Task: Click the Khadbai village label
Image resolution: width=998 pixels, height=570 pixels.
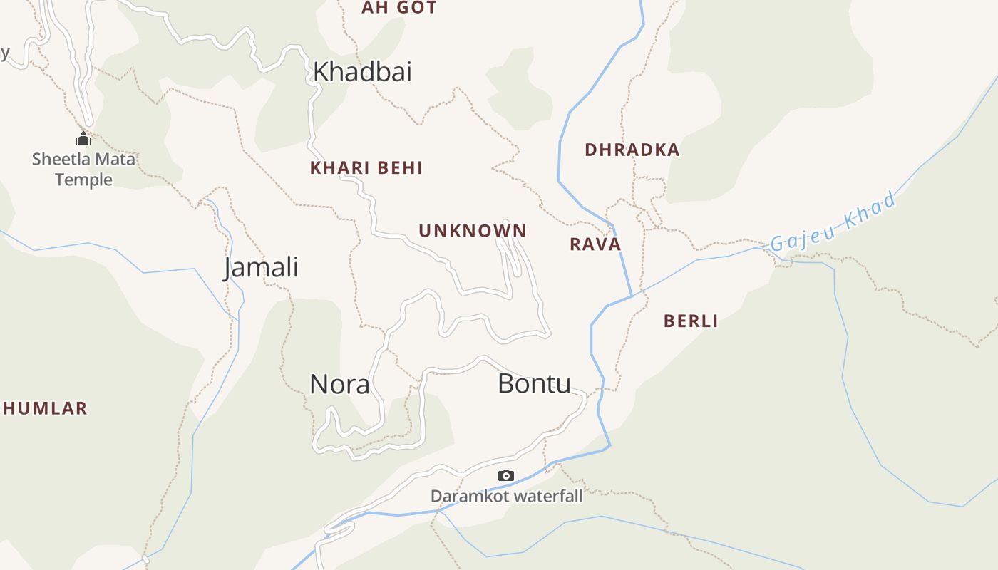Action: pyautogui.click(x=362, y=72)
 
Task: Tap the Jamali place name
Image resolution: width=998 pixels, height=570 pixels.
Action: pyautogui.click(x=261, y=268)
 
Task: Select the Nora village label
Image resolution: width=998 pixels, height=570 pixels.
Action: pyautogui.click(x=339, y=385)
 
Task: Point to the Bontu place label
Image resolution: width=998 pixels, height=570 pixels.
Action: pyautogui.click(x=534, y=384)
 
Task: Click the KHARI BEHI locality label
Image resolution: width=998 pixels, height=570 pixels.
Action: pyautogui.click(x=366, y=168)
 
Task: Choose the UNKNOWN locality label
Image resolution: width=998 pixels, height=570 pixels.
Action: pyautogui.click(x=472, y=231)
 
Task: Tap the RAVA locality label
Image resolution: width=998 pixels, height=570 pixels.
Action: pyautogui.click(x=595, y=244)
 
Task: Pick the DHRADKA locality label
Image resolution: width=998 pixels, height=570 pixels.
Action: pyautogui.click(x=632, y=150)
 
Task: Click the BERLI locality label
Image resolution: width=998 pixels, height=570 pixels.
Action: pyautogui.click(x=691, y=321)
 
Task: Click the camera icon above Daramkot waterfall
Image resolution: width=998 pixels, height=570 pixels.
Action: pyautogui.click(x=505, y=475)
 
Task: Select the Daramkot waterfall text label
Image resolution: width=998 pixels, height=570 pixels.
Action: pyautogui.click(x=506, y=496)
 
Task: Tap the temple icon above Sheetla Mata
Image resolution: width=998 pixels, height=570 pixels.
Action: pyautogui.click(x=83, y=138)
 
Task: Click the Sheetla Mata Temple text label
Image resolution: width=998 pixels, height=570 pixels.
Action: pyautogui.click(x=83, y=169)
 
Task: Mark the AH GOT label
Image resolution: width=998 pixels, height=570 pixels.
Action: pyautogui.click(x=398, y=8)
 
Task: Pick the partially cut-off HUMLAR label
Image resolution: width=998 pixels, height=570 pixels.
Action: pyautogui.click(x=44, y=408)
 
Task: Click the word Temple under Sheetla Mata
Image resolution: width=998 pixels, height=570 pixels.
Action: pyautogui.click(x=83, y=180)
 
